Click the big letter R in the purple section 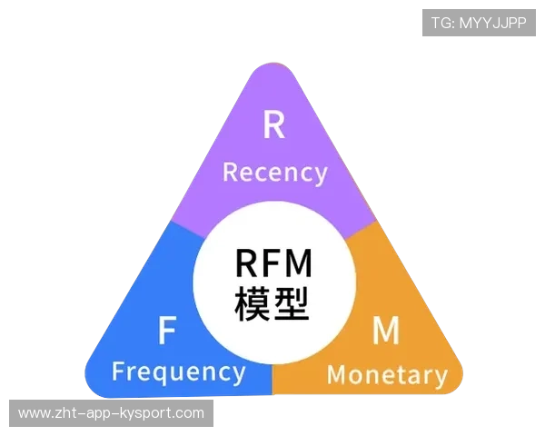click(x=273, y=125)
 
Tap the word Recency click(x=274, y=173)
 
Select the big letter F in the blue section click(x=166, y=332)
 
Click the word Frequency click(x=178, y=372)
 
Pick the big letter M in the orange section click(x=386, y=332)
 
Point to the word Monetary click(x=387, y=374)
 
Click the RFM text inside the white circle click(x=273, y=263)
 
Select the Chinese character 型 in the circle click(x=292, y=304)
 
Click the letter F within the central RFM click(x=272, y=263)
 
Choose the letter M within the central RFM click(x=299, y=263)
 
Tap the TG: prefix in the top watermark click(x=442, y=23)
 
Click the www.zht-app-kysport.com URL click(x=112, y=413)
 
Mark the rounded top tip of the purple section click(x=273, y=68)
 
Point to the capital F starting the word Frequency click(x=118, y=372)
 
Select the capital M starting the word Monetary click(x=337, y=373)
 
